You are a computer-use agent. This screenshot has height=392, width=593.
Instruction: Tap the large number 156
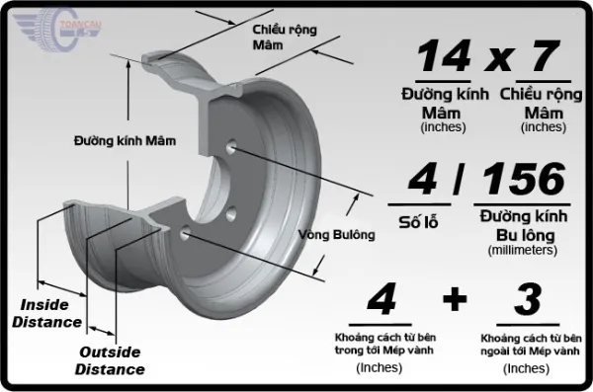(524, 179)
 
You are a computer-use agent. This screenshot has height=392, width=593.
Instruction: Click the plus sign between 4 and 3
(454, 300)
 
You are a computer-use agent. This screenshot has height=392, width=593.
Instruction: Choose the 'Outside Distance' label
(112, 361)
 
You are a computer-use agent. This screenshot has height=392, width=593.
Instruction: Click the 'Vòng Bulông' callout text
(337, 234)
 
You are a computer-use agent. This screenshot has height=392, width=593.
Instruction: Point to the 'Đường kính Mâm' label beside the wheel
(125, 141)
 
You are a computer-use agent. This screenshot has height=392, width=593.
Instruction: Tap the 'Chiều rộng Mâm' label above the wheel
(285, 38)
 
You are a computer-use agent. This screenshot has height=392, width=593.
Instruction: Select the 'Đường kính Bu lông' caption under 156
(523, 224)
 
